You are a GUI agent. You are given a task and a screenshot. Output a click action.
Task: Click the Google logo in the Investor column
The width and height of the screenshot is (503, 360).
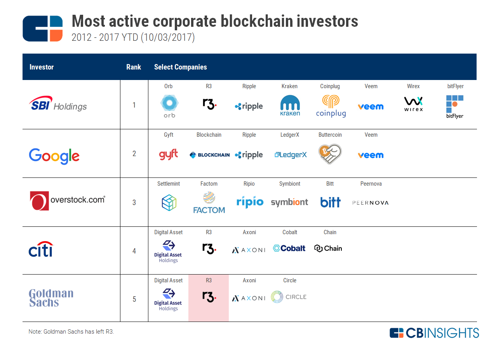[54, 156]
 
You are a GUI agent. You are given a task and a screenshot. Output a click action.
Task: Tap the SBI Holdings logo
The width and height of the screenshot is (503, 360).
[58, 104]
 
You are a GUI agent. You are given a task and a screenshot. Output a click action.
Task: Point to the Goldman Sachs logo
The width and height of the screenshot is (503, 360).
[51, 298]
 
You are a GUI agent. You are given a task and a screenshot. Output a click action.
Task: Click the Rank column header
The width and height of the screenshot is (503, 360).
[134, 67]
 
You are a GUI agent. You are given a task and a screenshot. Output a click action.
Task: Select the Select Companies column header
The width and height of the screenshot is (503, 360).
[180, 67]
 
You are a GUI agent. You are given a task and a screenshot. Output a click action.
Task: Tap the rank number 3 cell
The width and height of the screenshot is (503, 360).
[134, 202]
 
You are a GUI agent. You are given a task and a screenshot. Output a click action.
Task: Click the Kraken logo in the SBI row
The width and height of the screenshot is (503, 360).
[290, 106]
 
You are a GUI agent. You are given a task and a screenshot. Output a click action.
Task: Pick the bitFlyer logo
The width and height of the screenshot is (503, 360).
[454, 106]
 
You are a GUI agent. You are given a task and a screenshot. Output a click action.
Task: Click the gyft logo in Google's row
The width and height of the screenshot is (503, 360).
[168, 155]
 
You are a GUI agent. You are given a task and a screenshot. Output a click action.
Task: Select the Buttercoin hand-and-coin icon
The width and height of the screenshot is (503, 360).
[330, 154]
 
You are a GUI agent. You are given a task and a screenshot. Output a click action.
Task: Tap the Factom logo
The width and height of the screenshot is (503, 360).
[209, 203]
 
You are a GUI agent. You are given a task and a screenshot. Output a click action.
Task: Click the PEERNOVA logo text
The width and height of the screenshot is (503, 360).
[370, 203]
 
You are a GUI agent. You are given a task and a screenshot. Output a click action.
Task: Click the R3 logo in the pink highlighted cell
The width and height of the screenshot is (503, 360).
[209, 297]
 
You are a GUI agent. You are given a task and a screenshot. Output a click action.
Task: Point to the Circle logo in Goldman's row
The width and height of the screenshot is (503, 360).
[289, 297]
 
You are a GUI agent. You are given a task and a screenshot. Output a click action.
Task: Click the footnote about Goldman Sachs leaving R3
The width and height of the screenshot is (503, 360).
[71, 332]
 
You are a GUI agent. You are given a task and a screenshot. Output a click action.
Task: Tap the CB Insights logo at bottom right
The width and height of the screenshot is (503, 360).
[434, 333]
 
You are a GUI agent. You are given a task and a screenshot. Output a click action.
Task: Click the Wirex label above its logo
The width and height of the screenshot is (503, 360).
[413, 86]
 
